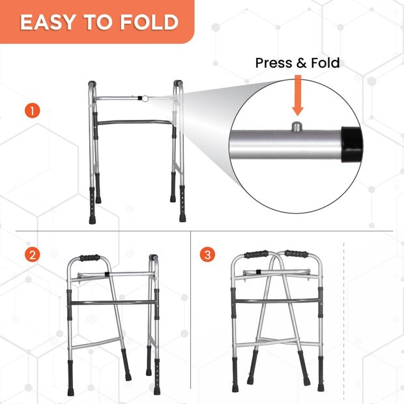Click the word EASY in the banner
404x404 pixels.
(48, 22)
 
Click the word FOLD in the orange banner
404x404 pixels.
(149, 22)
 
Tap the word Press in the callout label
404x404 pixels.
(274, 63)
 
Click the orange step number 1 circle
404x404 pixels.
(32, 111)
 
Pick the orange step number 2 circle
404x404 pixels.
(32, 255)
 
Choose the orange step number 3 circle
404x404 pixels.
(207, 255)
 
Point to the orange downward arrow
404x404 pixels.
(298, 95)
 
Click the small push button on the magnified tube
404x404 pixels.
(296, 126)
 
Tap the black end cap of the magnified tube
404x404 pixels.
(352, 144)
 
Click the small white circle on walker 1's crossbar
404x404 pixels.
(145, 98)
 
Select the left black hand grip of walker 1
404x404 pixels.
(93, 84)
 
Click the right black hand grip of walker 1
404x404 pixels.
(178, 83)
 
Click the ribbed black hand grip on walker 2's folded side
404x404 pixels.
(90, 257)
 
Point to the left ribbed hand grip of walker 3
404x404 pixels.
(256, 254)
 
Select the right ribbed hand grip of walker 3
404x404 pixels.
(296, 253)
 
